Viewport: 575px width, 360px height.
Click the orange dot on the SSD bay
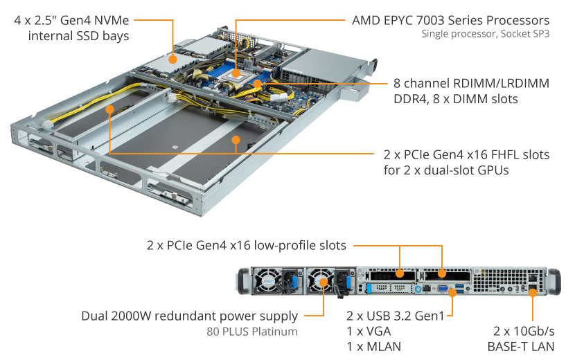pyautogui.click(x=171, y=59)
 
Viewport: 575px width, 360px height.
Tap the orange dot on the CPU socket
pyautogui.click(x=236, y=72)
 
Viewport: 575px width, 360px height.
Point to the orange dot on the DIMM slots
pyautogui.click(x=257, y=83)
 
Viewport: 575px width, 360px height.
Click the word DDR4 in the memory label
pyautogui.click(x=407, y=99)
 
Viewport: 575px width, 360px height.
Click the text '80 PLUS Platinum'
pyautogui.click(x=252, y=332)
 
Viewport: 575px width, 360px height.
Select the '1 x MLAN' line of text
pyautogui.click(x=374, y=347)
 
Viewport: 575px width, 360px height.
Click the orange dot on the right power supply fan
pyautogui.click(x=324, y=283)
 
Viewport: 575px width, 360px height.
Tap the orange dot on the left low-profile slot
pyautogui.click(x=400, y=273)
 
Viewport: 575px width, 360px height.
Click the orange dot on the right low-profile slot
pyautogui.click(x=441, y=273)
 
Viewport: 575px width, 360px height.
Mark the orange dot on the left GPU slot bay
pyautogui.click(x=109, y=109)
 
